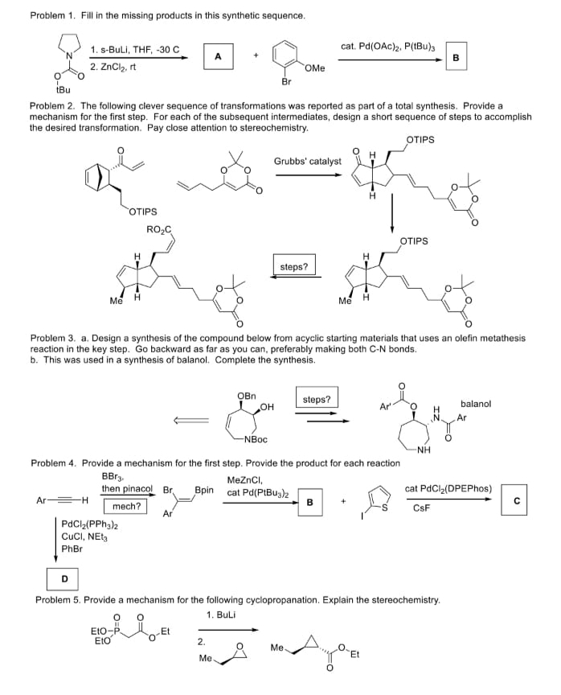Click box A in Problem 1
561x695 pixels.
pyautogui.click(x=217, y=56)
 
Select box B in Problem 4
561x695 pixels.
pyautogui.click(x=309, y=502)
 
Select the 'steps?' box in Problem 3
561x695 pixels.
pyautogui.click(x=317, y=399)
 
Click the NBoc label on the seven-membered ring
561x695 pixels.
pyautogui.click(x=256, y=439)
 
